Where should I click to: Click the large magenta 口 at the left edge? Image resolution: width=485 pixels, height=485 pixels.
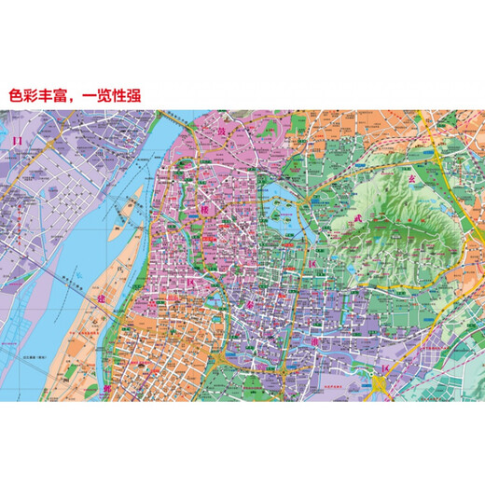[x=15, y=141]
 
